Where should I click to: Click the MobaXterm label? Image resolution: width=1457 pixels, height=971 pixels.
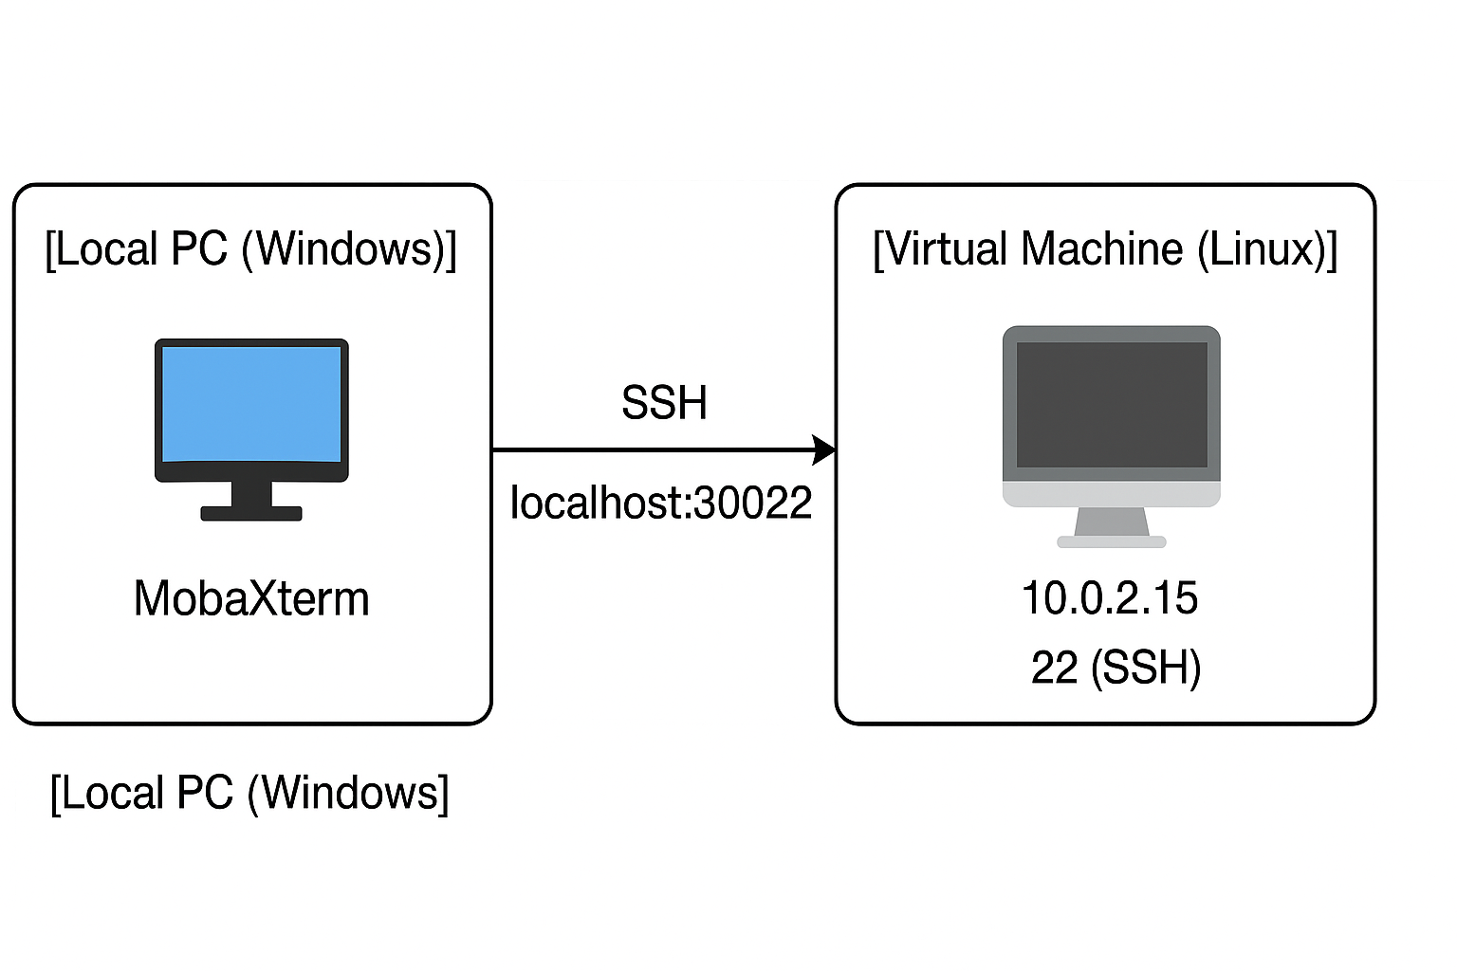251,599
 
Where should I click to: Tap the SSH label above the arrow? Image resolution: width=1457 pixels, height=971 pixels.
664,403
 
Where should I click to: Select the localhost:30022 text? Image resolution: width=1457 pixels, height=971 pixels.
661,503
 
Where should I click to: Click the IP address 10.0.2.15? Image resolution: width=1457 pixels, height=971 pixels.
1110,598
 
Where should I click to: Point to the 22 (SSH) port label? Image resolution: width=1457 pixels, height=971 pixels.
1116,668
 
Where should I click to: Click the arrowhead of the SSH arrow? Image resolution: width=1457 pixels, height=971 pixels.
824,449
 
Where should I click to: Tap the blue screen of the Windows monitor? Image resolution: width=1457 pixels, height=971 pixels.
251,404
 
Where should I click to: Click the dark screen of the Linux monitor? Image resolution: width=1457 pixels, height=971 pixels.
1112,405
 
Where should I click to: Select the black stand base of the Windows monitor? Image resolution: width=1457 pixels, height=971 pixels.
251,513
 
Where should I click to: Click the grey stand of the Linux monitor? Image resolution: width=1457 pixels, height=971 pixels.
1112,523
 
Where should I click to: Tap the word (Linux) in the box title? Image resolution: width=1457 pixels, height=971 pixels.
1267,249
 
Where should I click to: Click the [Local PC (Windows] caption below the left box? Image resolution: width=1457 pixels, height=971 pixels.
249,793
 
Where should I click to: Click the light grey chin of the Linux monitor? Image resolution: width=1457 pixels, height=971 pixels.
1112,494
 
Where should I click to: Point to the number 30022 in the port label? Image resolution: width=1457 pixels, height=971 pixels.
753,503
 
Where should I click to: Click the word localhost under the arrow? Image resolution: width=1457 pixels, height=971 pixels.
598,503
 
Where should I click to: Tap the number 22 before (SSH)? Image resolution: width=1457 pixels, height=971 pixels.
1055,668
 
